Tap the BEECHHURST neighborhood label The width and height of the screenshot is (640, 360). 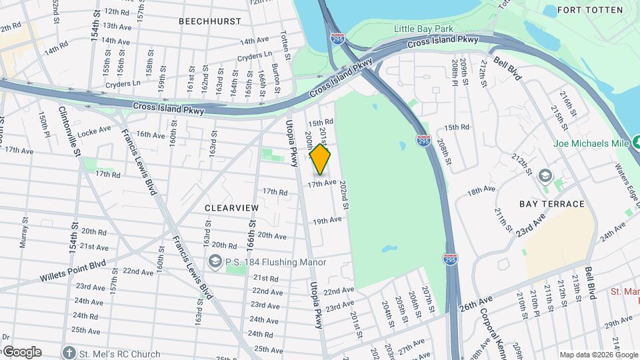210,21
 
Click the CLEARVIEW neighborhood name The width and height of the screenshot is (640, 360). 231,208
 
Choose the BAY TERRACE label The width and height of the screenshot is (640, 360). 552,204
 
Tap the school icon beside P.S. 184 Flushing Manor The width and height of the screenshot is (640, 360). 215,262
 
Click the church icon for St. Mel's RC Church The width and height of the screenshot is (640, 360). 68,353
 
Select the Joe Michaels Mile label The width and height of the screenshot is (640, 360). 591,143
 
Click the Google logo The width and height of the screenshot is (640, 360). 21,352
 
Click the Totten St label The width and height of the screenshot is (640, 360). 285,44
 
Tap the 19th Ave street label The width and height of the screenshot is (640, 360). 327,220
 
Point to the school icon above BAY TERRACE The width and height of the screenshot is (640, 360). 545,175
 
